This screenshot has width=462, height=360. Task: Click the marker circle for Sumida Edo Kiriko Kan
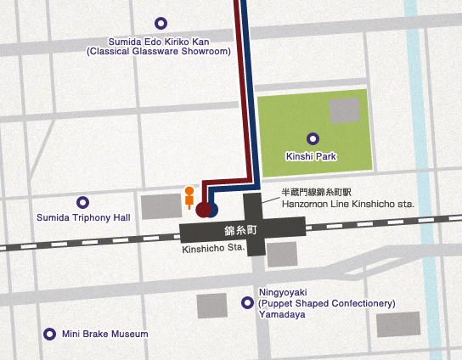[161, 24]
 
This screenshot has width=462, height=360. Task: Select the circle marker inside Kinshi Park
[313, 138]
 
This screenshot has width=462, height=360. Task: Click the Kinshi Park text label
[313, 157]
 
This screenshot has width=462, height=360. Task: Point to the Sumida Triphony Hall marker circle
[82, 203]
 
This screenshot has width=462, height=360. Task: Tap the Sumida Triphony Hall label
[83, 218]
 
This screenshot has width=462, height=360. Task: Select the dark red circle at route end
[202, 209]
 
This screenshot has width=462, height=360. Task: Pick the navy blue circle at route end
[213, 209]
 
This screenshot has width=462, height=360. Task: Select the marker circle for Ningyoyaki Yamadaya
[247, 302]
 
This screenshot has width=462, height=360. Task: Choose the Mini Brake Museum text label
[104, 334]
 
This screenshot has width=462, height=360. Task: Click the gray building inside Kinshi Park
[344, 110]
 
